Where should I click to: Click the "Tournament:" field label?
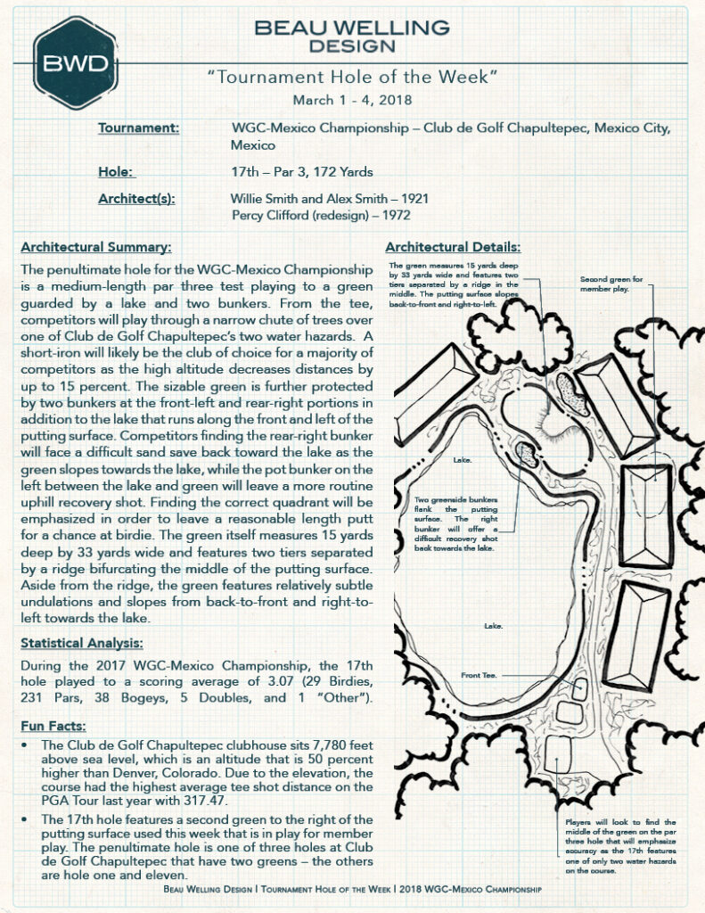click(x=138, y=128)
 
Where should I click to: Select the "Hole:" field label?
click(x=117, y=171)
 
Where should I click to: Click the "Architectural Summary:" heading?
click(x=96, y=247)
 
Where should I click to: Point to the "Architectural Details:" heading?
click(x=454, y=247)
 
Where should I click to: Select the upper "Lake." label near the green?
click(x=462, y=460)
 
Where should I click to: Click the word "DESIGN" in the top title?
click(x=352, y=45)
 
